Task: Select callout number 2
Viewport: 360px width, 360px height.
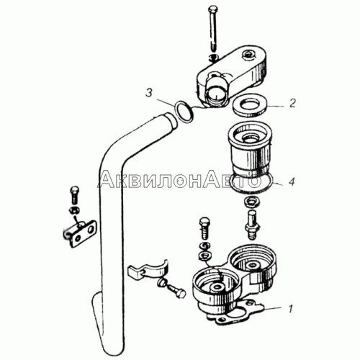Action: point(292,104)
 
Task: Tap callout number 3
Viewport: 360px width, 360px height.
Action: point(149,93)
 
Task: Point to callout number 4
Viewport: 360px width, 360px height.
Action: point(291,181)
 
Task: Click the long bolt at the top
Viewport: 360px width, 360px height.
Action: point(212,30)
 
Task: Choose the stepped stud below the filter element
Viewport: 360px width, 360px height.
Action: point(251,225)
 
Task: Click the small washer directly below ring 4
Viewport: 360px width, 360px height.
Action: point(251,201)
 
